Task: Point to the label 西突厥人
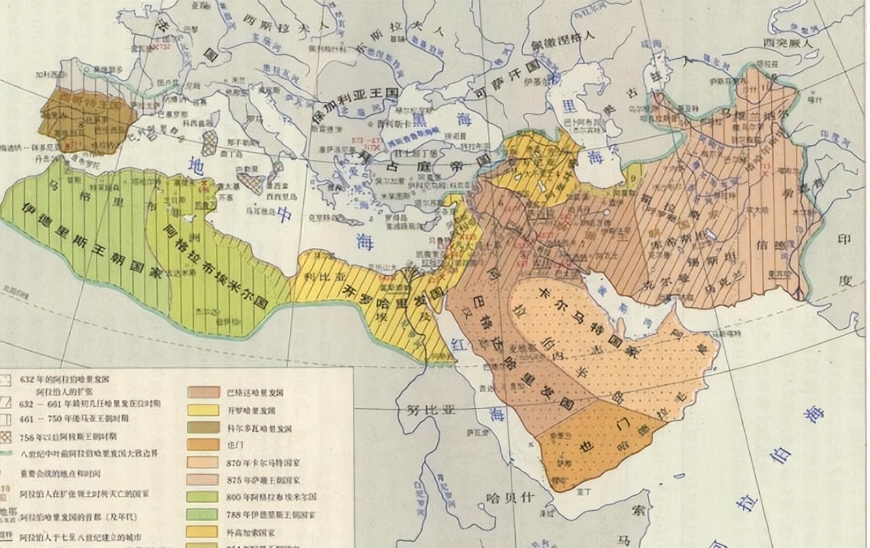pyautogui.click(x=789, y=43)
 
